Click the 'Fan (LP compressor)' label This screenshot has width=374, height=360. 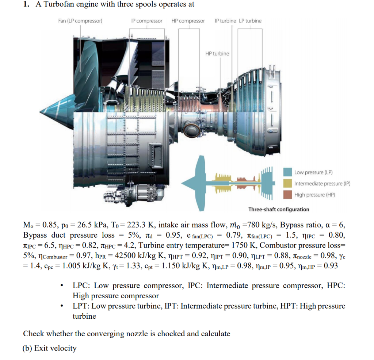80,21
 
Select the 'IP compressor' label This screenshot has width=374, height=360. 146,21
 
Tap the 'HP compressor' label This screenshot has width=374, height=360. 188,21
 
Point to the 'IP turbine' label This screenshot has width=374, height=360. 225,21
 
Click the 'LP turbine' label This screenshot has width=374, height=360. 250,21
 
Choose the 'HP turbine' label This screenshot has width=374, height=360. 217,54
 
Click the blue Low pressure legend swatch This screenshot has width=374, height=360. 288,172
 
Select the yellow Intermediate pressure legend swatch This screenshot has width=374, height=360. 288,184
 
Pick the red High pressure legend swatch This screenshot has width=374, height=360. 288,195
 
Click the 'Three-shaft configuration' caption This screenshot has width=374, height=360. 279,210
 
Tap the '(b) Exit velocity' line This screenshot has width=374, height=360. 50,348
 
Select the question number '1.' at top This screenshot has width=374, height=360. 26,4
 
